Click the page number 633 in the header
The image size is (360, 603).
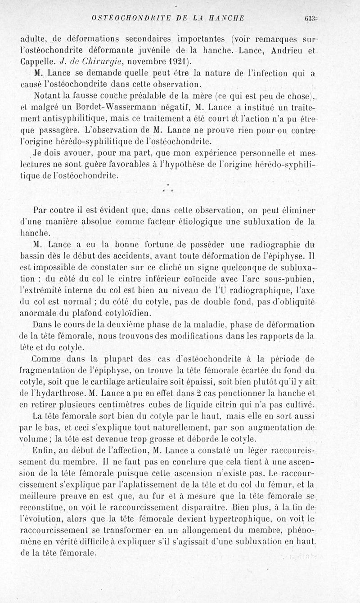pos(310,18)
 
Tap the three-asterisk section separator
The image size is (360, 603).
pos(167,189)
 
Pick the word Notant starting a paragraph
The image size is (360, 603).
pos(49,96)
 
